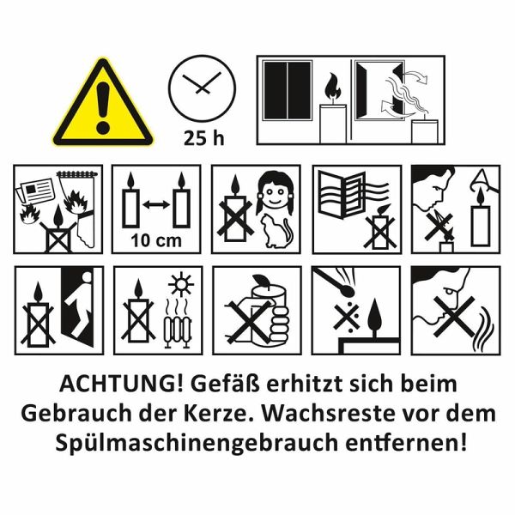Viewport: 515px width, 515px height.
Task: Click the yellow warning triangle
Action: click(103, 104)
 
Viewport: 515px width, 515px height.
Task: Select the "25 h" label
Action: click(203, 138)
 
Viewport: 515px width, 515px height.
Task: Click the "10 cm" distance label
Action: click(156, 240)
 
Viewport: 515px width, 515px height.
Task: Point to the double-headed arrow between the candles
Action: click(156, 205)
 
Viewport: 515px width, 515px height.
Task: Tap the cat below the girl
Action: click(275, 231)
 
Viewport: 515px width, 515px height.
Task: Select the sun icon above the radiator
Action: click(181, 284)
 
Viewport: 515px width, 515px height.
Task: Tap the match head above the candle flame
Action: click(349, 290)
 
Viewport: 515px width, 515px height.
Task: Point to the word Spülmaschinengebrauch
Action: click(197, 443)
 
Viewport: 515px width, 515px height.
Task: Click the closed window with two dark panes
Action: click(288, 90)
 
